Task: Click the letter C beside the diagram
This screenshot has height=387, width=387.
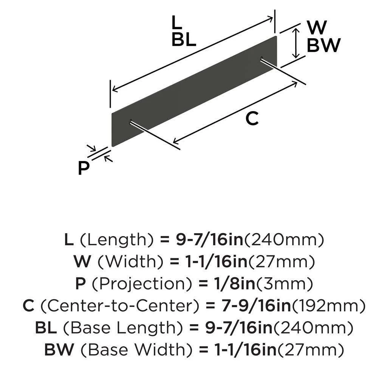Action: [252, 119]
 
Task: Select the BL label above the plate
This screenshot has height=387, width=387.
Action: [184, 39]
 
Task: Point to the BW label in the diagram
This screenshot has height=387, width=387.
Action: [324, 46]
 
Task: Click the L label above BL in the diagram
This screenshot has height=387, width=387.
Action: [176, 22]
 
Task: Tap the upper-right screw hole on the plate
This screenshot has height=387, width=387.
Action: [262, 58]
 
